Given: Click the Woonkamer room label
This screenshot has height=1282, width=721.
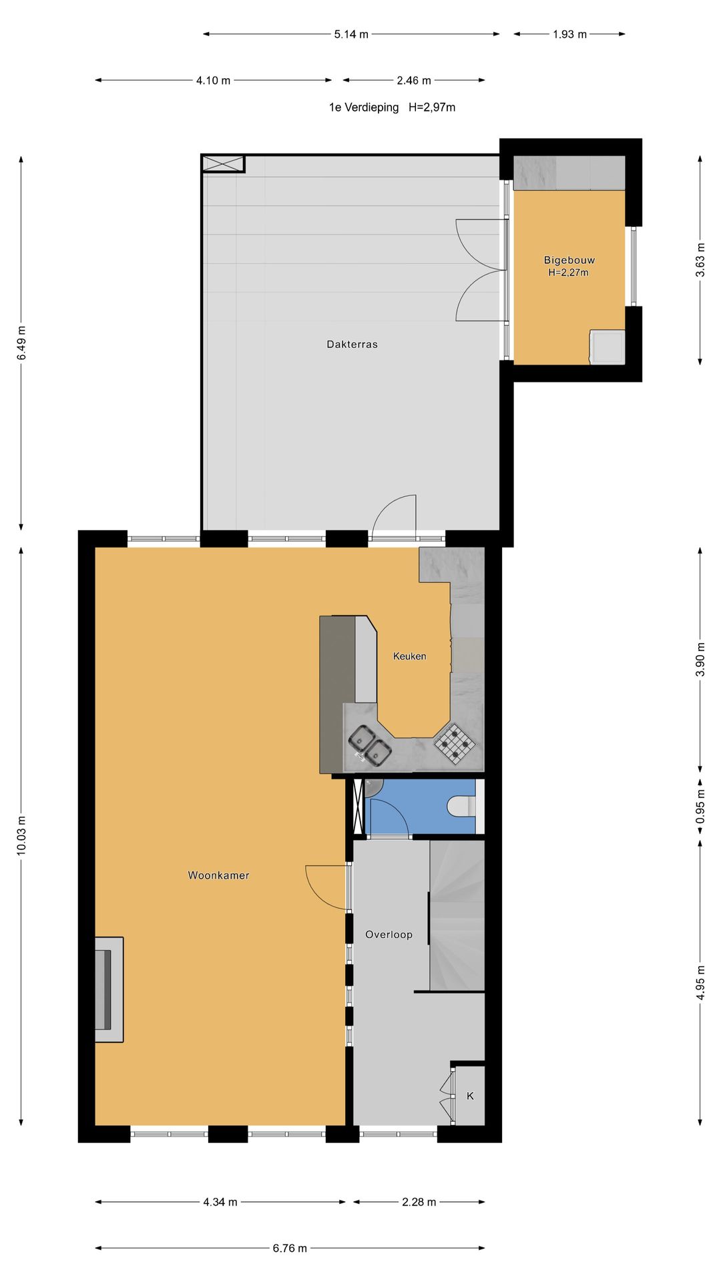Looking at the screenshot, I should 218,875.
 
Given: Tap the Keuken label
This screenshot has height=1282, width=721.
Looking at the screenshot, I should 409,656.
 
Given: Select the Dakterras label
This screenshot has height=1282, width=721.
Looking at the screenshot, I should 352,345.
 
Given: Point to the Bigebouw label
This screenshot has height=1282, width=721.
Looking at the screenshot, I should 569,260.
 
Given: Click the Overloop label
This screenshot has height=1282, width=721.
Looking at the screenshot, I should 389,935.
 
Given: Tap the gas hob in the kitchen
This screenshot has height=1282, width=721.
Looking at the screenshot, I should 455,742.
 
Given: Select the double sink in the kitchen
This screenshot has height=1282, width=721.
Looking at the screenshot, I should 369,745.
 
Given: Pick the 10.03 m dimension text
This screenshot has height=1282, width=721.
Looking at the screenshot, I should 21,835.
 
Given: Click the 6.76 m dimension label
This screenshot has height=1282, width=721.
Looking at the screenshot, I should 290,1248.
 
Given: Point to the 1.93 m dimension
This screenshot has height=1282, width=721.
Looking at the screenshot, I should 569,34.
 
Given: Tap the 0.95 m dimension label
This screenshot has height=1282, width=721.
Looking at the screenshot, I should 700,807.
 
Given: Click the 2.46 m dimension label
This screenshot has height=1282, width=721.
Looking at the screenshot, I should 414,81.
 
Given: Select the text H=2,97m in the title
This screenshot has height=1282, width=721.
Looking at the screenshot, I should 432,108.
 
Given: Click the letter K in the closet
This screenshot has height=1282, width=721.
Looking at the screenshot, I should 470,1096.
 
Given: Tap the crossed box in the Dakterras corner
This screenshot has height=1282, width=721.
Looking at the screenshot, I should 224,164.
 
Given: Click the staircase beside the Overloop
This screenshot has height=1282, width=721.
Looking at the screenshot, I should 457,915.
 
